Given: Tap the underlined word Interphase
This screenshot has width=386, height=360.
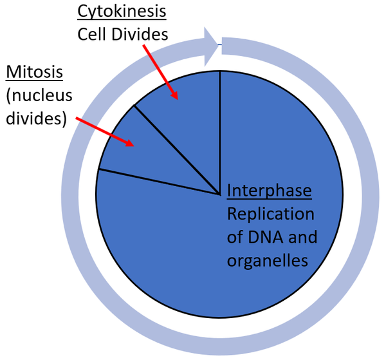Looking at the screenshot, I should click(270, 191).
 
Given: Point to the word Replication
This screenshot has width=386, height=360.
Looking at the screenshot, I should click(270, 214).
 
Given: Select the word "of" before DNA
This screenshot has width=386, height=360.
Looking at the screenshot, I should click(234, 237).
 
